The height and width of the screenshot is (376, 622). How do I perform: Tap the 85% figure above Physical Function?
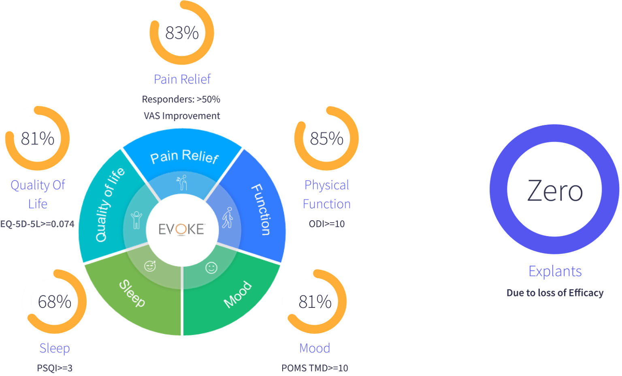coord(326,139)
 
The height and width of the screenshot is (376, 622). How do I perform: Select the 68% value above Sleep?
coord(55,301)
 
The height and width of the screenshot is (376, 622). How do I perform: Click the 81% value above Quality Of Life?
coord(38,139)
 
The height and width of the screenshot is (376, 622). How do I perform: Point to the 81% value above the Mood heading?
coord(315,301)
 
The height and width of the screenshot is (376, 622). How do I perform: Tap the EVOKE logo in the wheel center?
coord(181,229)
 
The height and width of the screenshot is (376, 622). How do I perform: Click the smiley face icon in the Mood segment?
coord(211,268)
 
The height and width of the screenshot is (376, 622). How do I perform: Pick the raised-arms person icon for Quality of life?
coord(136,219)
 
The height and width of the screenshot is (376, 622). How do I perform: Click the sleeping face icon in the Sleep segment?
coord(150,266)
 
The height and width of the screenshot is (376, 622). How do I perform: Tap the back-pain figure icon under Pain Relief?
coord(183,183)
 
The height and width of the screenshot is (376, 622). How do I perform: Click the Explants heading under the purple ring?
coord(555,271)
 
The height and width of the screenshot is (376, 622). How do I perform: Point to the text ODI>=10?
coord(326,224)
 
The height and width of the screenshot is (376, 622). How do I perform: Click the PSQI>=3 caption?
coord(55,368)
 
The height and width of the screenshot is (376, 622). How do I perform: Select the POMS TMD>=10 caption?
coord(315,368)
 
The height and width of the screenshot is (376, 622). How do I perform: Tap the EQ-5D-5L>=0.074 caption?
coord(37,224)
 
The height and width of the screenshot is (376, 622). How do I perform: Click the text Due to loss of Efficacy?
coord(555,293)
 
